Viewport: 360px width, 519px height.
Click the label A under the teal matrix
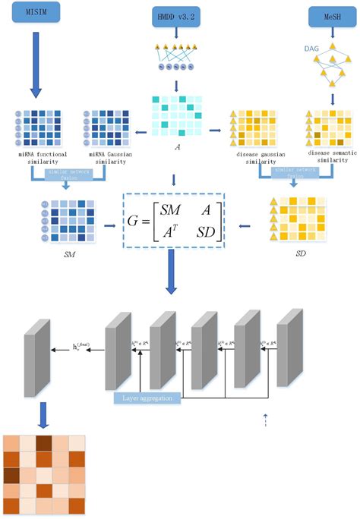tap(176, 149)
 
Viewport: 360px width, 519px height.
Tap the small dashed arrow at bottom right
tap(266, 420)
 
